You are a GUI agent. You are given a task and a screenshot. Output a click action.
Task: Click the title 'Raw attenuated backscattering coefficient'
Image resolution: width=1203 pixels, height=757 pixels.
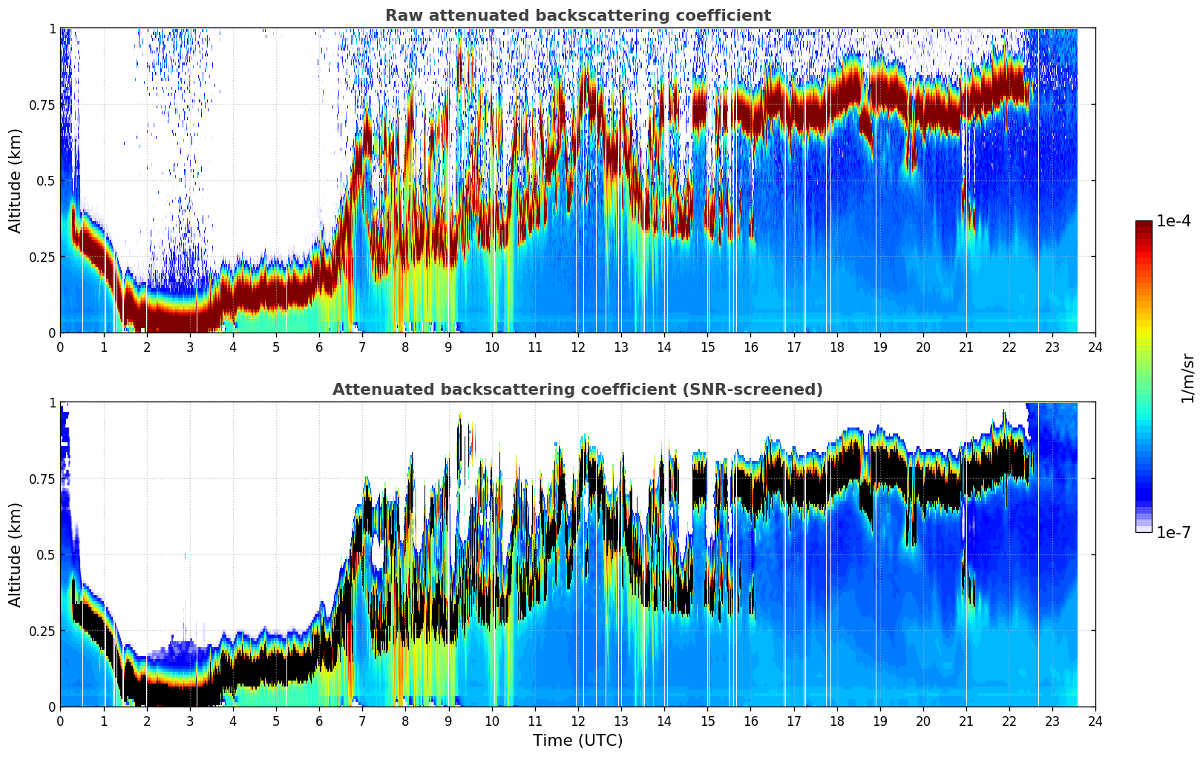pos(578,15)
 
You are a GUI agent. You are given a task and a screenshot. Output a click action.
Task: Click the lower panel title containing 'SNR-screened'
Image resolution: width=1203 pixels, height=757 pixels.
pos(578,389)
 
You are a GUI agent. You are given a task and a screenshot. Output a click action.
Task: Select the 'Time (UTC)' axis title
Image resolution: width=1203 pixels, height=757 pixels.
pos(578,741)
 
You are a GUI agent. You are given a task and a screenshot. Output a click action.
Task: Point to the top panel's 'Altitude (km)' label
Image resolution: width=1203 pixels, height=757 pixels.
pos(15,181)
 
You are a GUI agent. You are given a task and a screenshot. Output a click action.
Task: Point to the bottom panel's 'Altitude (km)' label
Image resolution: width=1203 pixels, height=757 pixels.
pos(15,555)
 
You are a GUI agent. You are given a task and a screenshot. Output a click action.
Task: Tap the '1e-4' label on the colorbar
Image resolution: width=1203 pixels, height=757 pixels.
pos(1173,220)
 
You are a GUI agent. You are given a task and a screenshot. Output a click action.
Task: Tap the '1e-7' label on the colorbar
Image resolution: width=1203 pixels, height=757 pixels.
pos(1173,533)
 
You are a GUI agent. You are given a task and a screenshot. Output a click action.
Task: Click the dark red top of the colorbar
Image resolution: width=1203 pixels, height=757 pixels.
pos(1144,224)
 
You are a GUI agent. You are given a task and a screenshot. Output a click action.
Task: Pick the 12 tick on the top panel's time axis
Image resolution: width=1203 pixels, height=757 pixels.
pos(578,347)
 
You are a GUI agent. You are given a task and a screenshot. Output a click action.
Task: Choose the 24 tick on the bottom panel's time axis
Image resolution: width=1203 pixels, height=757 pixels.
pos(1095,721)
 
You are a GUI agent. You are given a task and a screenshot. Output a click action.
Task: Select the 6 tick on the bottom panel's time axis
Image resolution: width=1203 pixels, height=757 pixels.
pos(319,721)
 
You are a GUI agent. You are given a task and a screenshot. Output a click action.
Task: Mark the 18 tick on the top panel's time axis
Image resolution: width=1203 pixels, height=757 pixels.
pos(836,347)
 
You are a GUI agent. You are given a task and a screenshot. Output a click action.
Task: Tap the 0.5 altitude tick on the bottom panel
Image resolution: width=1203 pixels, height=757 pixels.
pos(45,554)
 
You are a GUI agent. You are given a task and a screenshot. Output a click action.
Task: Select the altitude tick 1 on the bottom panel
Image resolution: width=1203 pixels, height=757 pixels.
pos(53,403)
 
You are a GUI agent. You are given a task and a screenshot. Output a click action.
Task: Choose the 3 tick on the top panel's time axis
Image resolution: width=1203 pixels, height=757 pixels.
pos(189,347)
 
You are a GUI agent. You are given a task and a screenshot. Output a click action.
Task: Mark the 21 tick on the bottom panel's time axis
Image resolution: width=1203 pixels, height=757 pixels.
pos(966,721)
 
